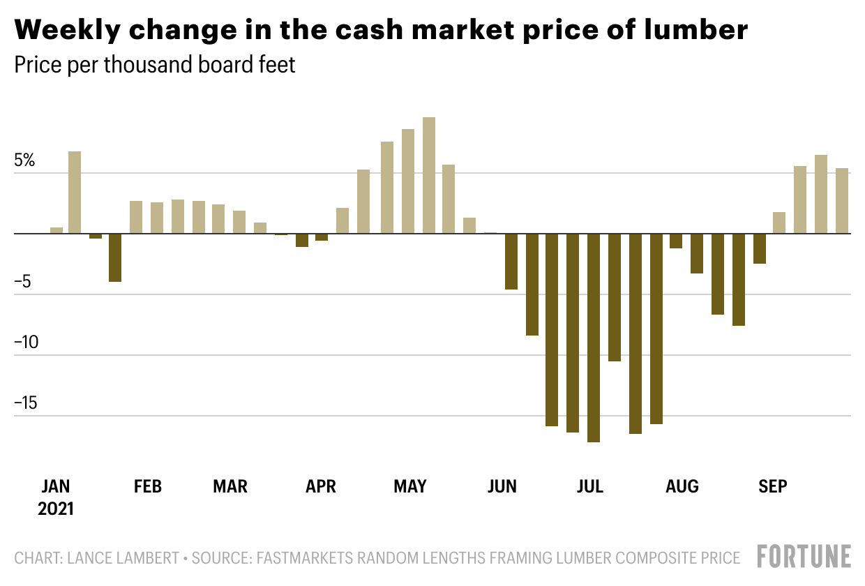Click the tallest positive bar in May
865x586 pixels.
pos(429,175)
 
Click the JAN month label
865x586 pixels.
pos(56,486)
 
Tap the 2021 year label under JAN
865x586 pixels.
pos(56,509)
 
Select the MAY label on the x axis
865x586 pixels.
pos(409,486)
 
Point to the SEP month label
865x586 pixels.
pos(772,486)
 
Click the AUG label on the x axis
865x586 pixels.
pos(682,486)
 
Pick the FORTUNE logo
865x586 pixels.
pos(804,557)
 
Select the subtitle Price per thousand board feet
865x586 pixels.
pos(155,65)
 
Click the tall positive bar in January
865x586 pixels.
pos(75,192)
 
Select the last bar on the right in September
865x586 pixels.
pos(842,200)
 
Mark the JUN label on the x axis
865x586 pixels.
pos(502,486)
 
